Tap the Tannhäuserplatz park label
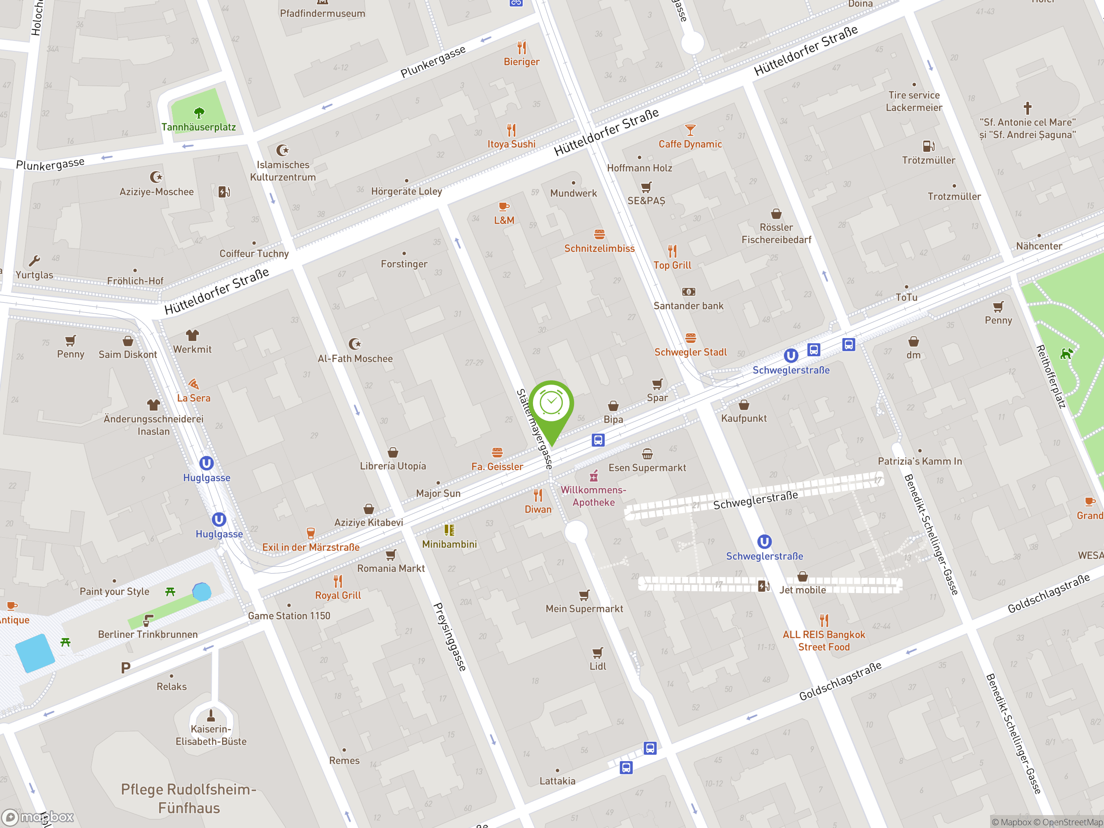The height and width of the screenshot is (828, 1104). pos(199,127)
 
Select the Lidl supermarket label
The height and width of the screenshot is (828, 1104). pos(597,666)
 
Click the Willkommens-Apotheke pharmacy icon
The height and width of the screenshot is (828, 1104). pos(593,476)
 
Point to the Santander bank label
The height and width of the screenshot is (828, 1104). pos(688,306)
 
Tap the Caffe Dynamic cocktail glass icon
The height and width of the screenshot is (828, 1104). pos(690,130)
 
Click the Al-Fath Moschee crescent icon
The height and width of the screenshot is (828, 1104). pos(355,344)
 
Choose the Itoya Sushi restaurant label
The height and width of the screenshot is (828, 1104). pos(511,144)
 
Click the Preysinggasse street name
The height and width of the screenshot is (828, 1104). pos(450,637)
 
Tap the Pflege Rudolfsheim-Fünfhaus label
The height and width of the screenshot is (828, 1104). pos(188,799)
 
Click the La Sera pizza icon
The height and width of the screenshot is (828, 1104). pos(194,384)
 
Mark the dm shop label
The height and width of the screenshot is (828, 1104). pos(913,355)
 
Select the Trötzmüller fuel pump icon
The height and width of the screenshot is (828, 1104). pos(928,146)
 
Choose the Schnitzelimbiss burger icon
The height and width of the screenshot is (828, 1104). pos(599,234)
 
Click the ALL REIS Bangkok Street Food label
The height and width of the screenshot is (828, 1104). pos(824,641)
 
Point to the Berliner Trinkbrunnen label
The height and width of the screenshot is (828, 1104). pos(148,634)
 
